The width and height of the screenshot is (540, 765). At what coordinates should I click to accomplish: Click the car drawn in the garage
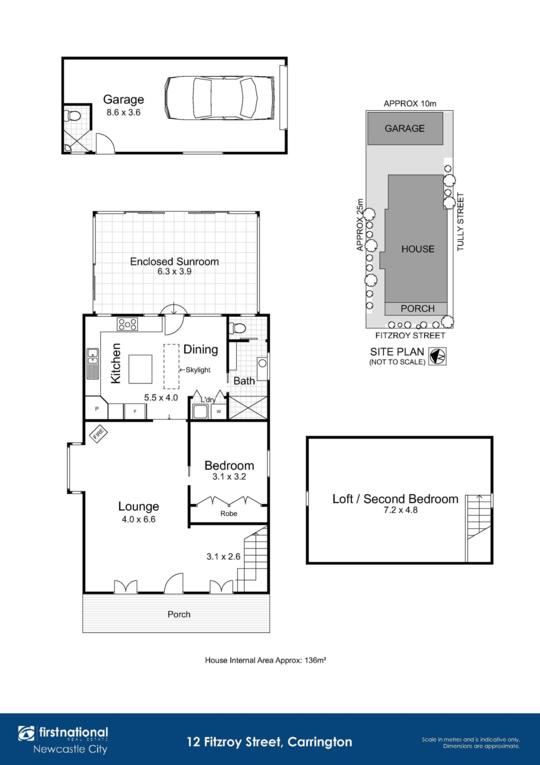tap(219, 98)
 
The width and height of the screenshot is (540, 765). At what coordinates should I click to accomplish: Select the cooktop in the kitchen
tap(127, 324)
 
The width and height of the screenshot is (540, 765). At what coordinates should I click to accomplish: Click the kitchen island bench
tap(140, 369)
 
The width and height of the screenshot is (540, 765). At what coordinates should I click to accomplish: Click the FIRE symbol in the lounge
tap(98, 433)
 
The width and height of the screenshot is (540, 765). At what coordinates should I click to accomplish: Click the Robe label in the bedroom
tap(229, 514)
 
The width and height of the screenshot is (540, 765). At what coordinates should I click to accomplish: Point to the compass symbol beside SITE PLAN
tap(437, 356)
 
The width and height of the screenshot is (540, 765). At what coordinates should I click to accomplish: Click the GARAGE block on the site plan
tap(405, 128)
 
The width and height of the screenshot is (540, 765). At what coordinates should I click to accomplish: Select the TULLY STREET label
tap(460, 222)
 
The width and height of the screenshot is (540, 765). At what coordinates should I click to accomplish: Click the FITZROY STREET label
tap(410, 335)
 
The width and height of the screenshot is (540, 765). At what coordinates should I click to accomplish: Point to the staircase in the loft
tap(479, 528)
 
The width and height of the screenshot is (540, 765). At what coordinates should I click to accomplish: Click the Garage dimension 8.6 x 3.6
tap(123, 112)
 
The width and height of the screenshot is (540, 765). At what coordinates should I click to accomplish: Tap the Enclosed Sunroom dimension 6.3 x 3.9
tap(174, 271)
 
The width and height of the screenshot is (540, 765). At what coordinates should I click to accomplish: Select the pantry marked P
tap(97, 408)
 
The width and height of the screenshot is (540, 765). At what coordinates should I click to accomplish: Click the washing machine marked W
tap(218, 412)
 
